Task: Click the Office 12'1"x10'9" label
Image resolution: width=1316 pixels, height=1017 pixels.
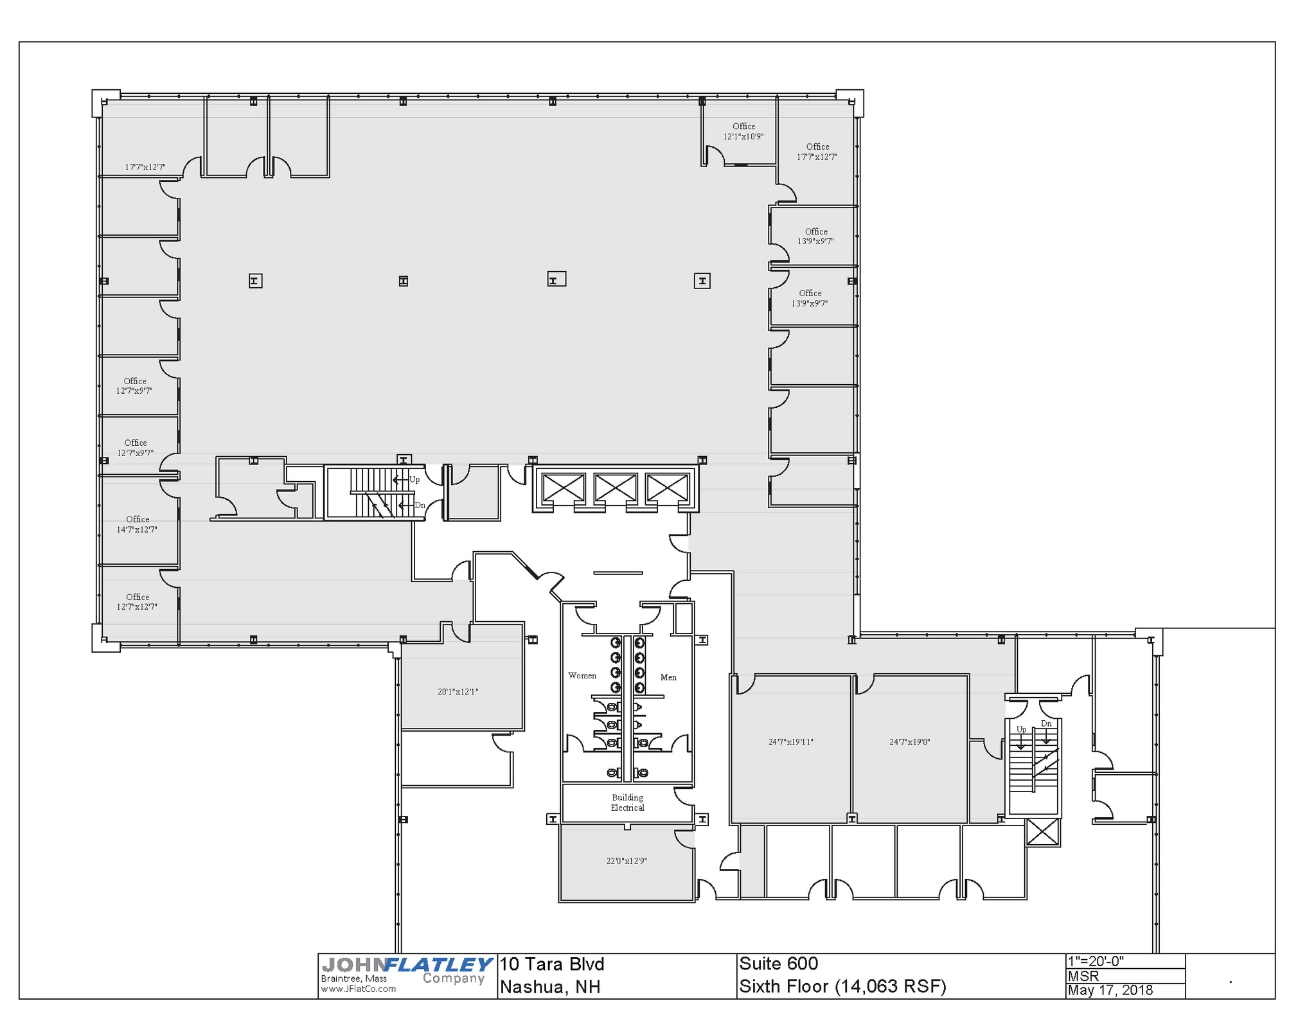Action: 743,131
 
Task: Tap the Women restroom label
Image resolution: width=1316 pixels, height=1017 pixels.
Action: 582,675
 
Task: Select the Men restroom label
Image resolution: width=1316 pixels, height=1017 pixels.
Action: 668,677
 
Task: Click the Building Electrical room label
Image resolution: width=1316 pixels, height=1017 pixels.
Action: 627,802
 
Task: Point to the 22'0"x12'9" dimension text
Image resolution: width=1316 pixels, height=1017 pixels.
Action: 626,860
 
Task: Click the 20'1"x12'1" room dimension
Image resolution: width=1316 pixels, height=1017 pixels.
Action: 458,691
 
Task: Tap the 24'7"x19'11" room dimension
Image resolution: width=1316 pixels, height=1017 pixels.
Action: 790,741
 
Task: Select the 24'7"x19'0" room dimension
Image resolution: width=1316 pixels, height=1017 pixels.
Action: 909,741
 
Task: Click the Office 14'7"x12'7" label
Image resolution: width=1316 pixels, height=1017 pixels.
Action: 137,524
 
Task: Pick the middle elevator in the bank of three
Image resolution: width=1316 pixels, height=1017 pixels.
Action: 615,488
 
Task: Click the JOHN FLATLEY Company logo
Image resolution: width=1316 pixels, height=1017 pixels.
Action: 406,970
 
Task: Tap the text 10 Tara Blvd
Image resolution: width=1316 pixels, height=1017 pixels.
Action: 552,964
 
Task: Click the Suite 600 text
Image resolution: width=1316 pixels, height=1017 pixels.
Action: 778,963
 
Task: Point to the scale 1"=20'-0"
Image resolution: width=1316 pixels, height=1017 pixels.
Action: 1096,961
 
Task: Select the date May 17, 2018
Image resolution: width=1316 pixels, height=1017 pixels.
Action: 1110,990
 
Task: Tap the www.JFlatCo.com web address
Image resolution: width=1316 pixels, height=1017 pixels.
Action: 358,989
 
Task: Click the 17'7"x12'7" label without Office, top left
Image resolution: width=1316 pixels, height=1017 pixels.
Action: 145,167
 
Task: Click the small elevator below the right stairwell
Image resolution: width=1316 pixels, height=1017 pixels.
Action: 1042,832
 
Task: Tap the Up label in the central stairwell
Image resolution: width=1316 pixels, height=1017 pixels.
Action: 414,479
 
